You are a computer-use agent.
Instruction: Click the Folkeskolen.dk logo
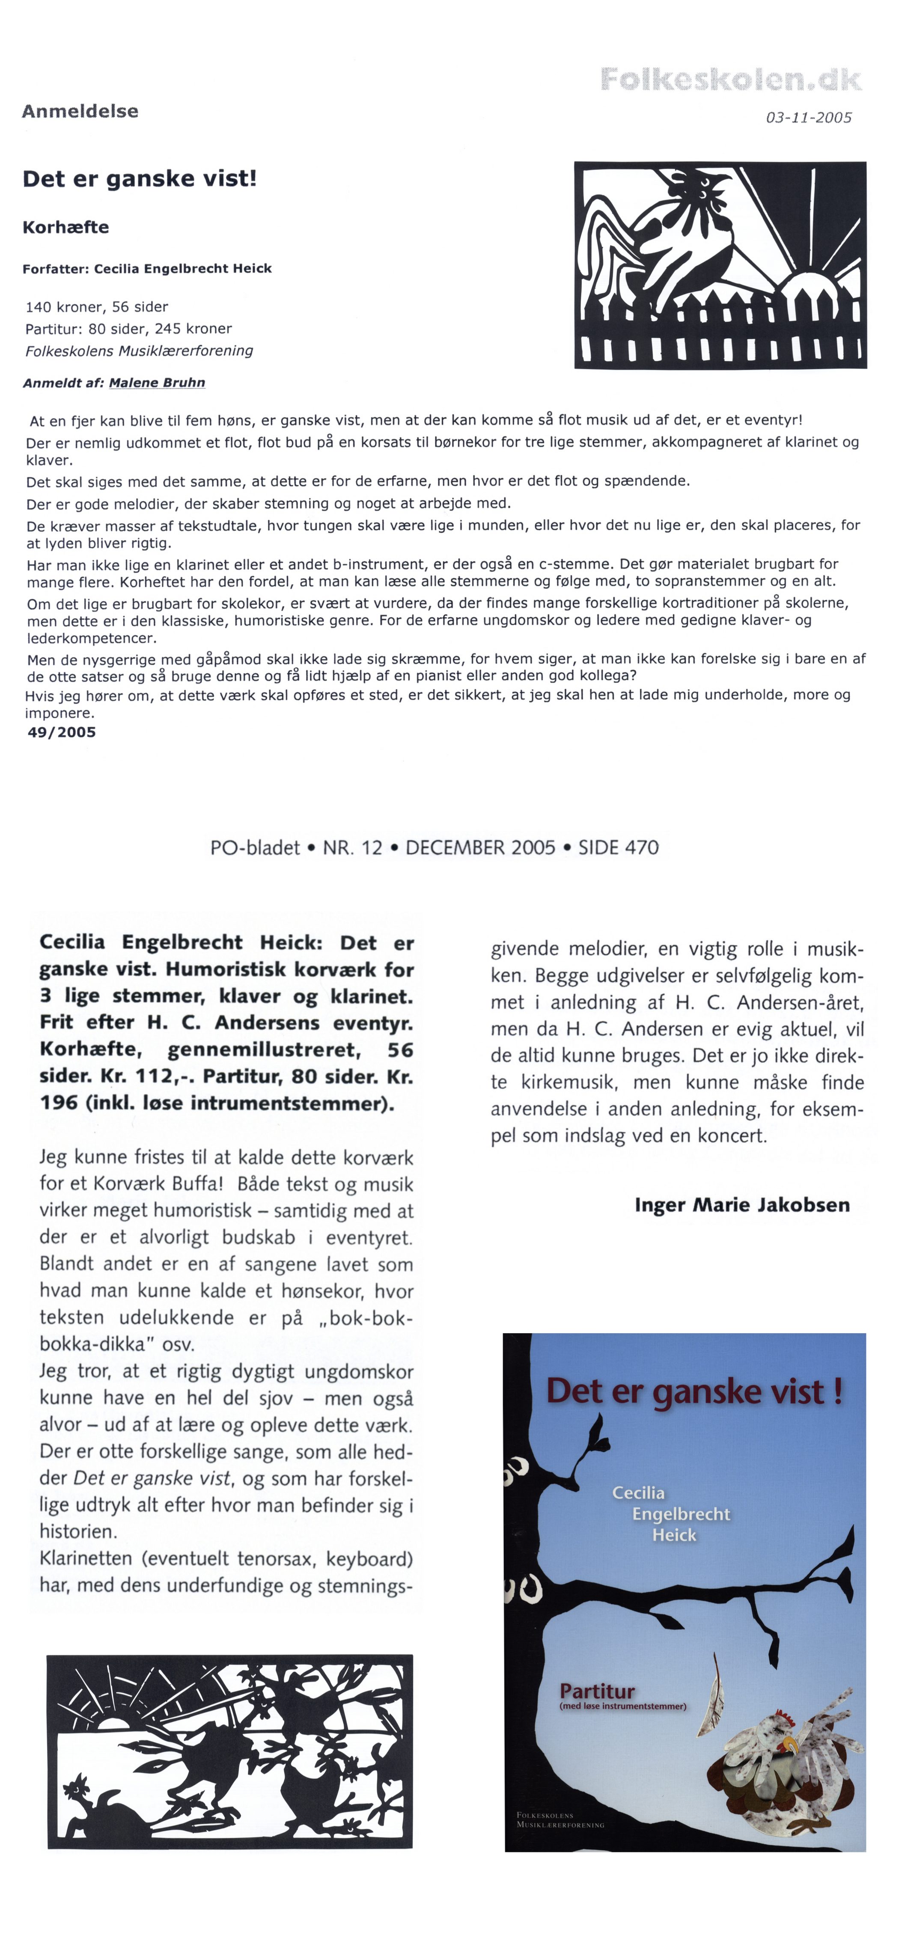coord(730,79)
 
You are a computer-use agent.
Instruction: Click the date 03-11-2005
coord(809,118)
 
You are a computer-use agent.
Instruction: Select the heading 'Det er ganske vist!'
coord(140,179)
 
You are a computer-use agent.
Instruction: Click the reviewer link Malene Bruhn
coord(157,383)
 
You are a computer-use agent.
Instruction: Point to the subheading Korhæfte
coord(66,227)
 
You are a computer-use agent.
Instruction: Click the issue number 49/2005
coord(62,732)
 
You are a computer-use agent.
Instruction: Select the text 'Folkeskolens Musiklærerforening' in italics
coord(140,351)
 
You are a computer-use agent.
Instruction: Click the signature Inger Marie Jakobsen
coord(742,1204)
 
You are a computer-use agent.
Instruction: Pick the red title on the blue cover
coord(694,1391)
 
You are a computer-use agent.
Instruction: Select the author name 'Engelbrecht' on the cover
coord(681,1513)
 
